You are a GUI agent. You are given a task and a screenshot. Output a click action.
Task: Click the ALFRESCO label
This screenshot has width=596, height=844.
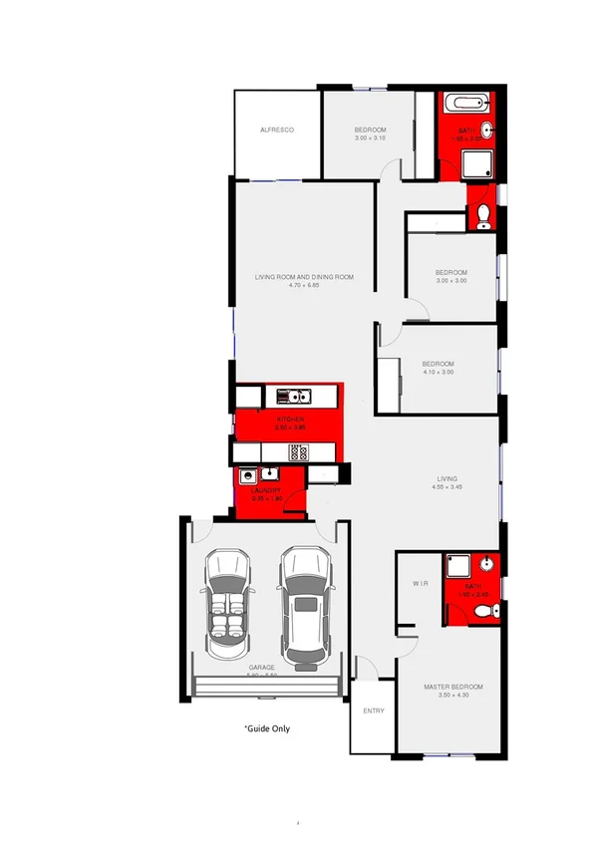click(276, 131)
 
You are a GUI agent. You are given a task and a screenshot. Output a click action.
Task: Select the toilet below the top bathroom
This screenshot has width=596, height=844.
click(482, 216)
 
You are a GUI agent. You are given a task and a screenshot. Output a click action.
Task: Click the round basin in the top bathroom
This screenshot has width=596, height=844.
click(486, 131)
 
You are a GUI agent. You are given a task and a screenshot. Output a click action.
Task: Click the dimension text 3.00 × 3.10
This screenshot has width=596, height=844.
click(370, 139)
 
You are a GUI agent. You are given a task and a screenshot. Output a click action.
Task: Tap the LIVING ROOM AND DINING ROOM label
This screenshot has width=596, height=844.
click(304, 277)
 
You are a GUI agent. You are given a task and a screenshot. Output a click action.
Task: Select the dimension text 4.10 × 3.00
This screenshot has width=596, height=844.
click(438, 372)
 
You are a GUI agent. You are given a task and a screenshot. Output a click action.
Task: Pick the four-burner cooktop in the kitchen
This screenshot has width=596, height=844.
click(297, 451)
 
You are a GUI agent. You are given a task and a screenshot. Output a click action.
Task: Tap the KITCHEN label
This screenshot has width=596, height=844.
click(290, 420)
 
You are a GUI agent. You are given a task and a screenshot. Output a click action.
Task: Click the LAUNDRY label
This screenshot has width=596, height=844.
click(266, 490)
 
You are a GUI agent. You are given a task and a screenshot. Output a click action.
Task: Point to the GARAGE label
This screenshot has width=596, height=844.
click(262, 668)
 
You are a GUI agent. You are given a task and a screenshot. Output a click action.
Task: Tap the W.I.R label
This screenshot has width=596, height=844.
click(420, 584)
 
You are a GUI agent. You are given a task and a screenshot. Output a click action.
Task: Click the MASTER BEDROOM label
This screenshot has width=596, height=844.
click(452, 688)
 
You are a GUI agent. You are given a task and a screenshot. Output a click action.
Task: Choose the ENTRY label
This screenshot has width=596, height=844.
click(374, 710)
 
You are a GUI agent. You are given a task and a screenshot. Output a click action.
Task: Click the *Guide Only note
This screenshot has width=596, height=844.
click(267, 728)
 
